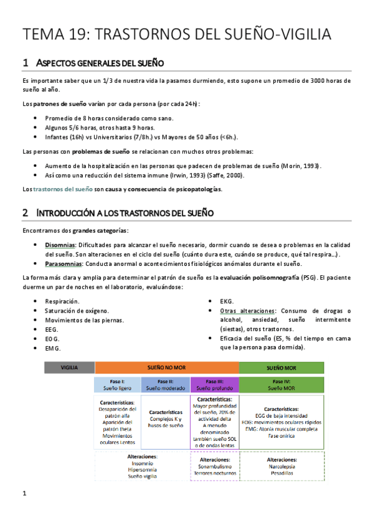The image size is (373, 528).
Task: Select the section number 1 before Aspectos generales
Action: click(25, 63)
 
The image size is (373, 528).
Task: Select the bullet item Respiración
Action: click(62, 301)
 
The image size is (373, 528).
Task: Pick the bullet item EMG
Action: click(53, 348)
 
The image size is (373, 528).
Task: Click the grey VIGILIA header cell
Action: click(69, 367)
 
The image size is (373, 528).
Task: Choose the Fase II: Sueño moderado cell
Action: click(166, 384)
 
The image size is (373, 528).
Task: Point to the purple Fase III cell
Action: click(214, 384)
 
